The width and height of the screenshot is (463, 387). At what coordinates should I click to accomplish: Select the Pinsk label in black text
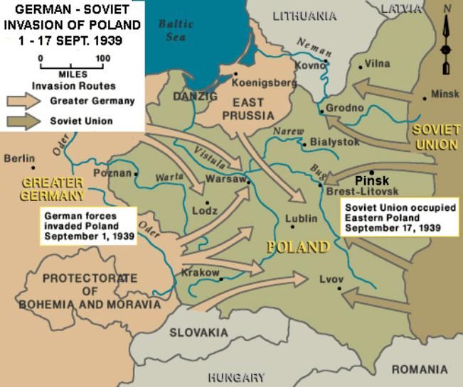tap(372, 181)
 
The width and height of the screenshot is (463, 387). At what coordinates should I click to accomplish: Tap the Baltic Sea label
tap(175, 30)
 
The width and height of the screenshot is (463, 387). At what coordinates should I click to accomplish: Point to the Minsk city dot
tap(425, 98)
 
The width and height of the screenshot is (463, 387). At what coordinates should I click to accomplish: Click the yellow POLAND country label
tap(297, 247)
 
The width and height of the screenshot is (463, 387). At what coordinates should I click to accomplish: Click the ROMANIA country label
tap(420, 369)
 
